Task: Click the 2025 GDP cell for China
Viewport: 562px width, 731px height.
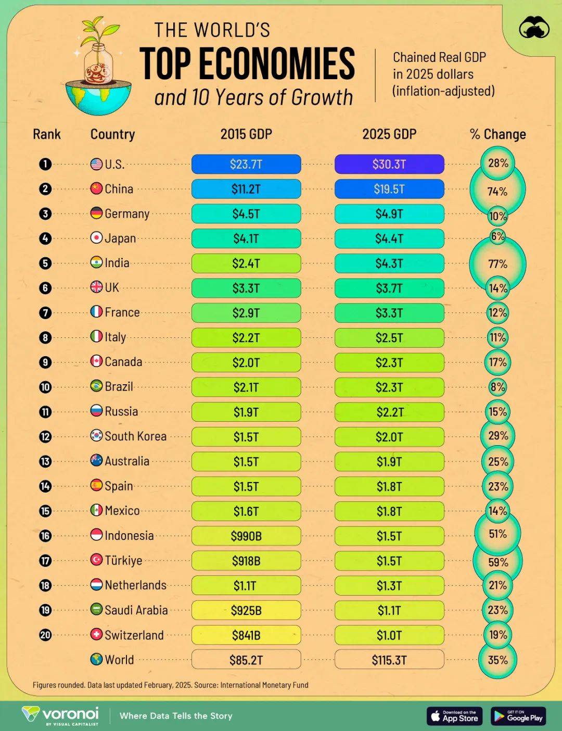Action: click(389, 189)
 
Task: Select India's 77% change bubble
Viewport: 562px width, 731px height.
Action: click(497, 264)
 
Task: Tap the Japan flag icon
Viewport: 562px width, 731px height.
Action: click(96, 238)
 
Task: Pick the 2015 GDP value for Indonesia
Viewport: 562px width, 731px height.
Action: click(246, 536)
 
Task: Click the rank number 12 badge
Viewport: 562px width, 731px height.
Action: click(45, 436)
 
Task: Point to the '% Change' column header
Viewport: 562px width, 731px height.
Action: click(497, 134)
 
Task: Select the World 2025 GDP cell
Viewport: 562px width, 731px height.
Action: click(389, 660)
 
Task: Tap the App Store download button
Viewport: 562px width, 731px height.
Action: click(455, 716)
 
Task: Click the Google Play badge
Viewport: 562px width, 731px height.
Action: click(518, 716)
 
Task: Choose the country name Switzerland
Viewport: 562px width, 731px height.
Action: click(134, 635)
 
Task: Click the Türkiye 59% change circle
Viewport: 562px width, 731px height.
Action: click(497, 562)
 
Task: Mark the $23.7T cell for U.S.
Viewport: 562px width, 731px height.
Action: click(246, 164)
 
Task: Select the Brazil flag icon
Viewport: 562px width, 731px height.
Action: click(96, 386)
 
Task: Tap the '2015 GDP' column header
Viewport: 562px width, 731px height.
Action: click(246, 134)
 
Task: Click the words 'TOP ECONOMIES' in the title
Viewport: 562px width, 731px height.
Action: click(247, 64)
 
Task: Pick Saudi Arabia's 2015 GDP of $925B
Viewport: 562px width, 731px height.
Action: click(246, 610)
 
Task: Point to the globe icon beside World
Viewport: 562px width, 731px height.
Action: click(96, 660)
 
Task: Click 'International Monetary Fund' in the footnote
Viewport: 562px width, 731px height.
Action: click(264, 685)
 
